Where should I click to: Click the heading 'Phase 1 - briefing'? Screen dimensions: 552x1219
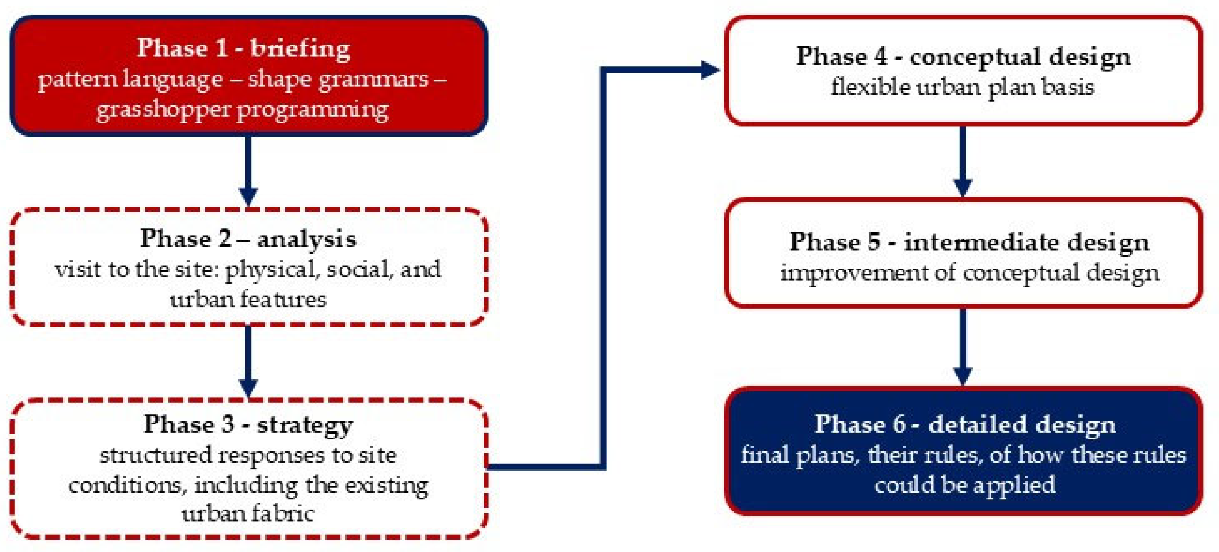coord(243,48)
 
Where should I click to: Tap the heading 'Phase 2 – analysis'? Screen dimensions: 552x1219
coord(248,239)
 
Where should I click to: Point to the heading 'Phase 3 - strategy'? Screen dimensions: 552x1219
coord(248,424)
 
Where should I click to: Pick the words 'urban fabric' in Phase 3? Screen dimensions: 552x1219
coord(248,514)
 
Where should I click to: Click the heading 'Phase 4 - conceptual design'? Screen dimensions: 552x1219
coord(963,57)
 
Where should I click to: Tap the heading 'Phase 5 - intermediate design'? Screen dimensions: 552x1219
coord(969,242)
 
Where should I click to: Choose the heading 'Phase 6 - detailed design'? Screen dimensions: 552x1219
coord(965,424)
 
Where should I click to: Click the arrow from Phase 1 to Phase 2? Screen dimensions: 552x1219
coord(248,170)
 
